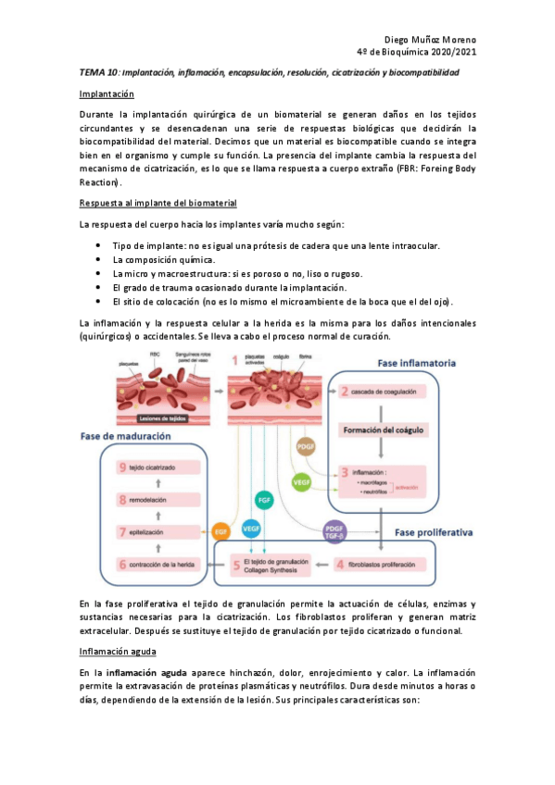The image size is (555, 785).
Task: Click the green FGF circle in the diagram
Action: click(x=263, y=499)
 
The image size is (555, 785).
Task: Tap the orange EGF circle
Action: click(x=221, y=532)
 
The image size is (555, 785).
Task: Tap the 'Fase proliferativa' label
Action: click(x=435, y=533)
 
